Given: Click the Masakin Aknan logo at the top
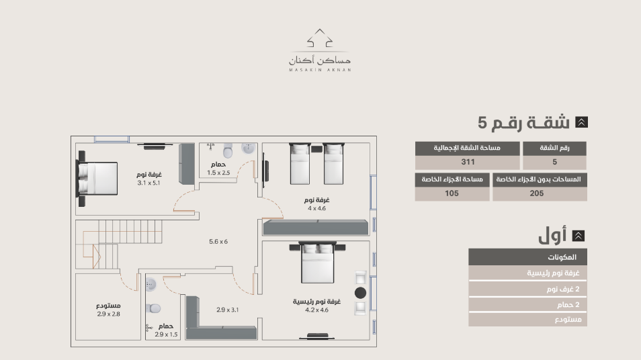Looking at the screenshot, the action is point(320,50).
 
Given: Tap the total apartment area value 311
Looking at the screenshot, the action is point(468,162).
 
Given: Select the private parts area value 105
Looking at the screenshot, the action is point(452,193).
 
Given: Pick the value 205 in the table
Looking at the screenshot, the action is point(537,193).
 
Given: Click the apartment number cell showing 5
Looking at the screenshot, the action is point(554,162).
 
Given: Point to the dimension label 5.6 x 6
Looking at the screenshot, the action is point(218,242).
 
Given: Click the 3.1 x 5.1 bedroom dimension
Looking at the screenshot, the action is point(148,183).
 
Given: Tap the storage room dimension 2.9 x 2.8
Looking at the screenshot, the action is point(108,314).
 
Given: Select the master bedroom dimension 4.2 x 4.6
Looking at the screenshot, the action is point(316,310).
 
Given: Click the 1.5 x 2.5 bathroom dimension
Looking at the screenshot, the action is point(218,173).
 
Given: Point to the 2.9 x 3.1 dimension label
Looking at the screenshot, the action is point(227,310).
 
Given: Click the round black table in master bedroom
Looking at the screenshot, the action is point(360,293).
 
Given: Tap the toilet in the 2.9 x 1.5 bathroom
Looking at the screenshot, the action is point(153,308).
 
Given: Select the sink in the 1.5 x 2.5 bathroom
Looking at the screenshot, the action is point(248,148).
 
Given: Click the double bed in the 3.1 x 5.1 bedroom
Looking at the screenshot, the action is point(97,179).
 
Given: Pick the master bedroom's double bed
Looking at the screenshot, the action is point(317,263).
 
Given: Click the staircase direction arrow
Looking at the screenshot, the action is point(97,257).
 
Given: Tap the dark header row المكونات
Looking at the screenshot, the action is point(527,257).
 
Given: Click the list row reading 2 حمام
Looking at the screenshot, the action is point(527,304).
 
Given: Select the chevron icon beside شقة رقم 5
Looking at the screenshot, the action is point(581,122).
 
